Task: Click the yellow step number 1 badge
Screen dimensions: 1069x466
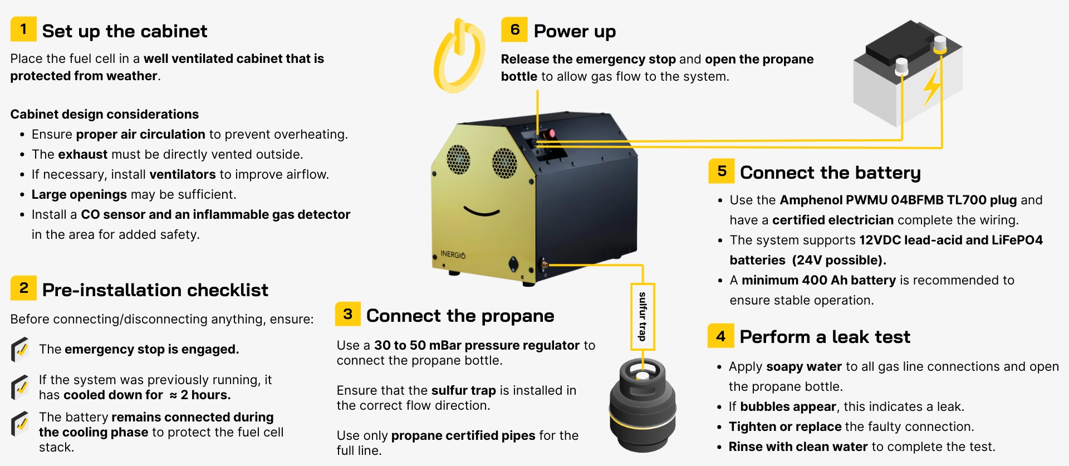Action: [23, 29]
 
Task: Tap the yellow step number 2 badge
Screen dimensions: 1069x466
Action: [23, 288]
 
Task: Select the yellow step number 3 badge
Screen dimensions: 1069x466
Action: [348, 314]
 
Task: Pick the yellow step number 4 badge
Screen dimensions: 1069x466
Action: [721, 336]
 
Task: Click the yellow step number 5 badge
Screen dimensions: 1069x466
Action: [722, 171]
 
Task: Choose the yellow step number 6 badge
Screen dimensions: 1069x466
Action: [514, 30]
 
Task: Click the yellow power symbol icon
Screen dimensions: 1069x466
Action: [459, 56]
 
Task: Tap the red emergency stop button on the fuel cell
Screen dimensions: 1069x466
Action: [551, 134]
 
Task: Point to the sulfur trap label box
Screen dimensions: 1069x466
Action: [643, 316]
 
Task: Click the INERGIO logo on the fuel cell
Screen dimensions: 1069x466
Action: [453, 254]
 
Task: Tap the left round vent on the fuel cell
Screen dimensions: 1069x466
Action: [458, 159]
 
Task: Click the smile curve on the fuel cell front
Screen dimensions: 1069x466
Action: [482, 212]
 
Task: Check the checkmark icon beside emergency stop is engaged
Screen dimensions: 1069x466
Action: [20, 350]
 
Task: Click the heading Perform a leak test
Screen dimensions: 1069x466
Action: [825, 337]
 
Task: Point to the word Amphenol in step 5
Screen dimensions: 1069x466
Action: [810, 200]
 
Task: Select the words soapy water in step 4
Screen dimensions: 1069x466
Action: [804, 366]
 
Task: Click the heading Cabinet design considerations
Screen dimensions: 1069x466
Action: [105, 114]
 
